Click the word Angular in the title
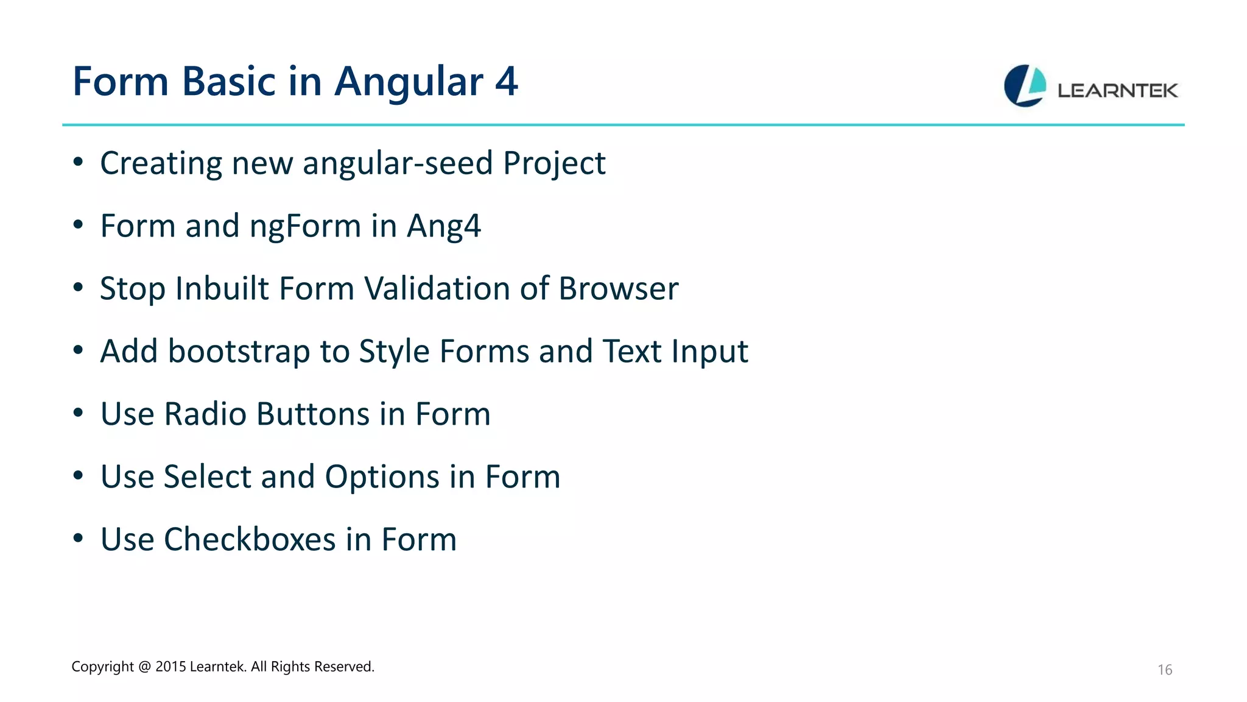409,82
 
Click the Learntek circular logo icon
1025,86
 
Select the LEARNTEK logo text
1117,91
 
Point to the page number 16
1164,670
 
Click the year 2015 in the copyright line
170,667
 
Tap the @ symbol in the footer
144,667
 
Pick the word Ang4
444,227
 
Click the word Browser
618,288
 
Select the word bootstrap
239,352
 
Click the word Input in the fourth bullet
709,352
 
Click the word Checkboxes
250,540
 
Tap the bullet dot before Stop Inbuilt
78,288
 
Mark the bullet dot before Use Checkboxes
78,539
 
